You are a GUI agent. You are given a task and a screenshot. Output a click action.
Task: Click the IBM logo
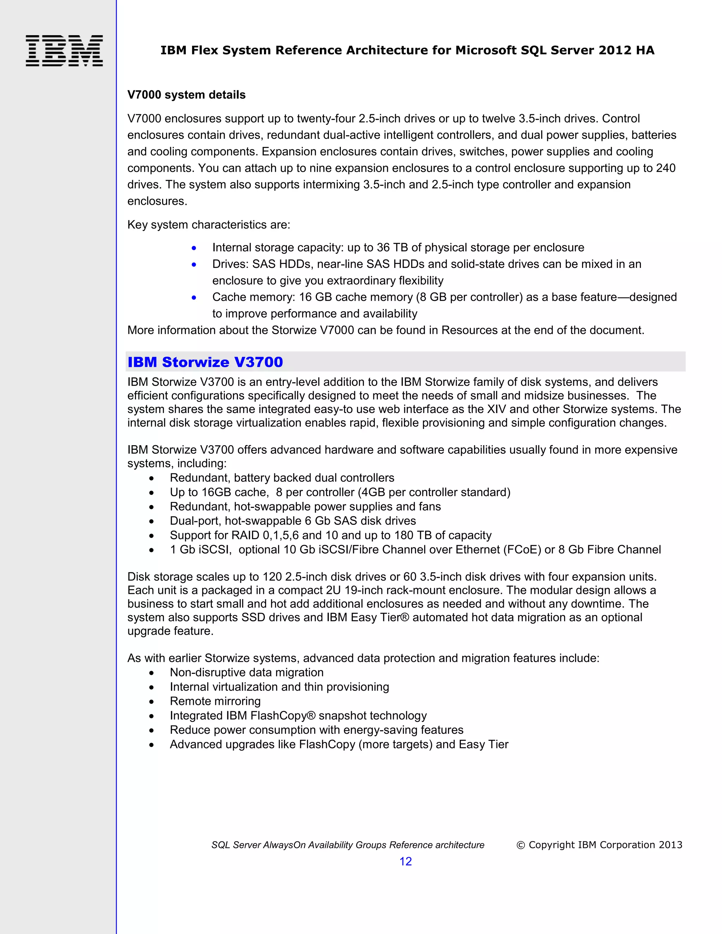point(64,50)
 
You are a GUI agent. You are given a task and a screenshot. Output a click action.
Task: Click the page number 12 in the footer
point(405,861)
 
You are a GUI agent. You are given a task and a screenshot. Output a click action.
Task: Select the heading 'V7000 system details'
point(186,95)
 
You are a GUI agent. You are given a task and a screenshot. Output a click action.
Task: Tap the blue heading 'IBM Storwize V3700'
point(205,362)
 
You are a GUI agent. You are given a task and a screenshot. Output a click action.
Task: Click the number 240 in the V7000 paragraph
point(666,168)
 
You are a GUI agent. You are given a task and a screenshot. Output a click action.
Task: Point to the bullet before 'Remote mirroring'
point(151,702)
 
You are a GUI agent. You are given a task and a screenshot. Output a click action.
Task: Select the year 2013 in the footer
point(670,844)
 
